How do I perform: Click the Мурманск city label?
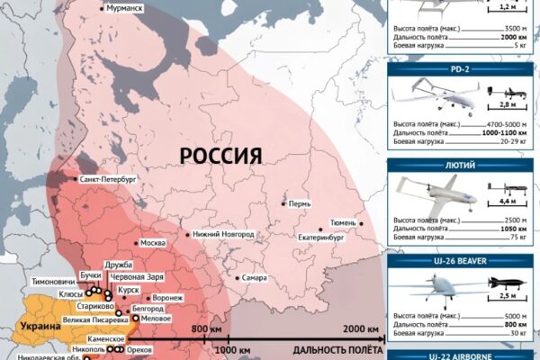pos(124,7)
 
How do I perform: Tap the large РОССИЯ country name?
pos(220,155)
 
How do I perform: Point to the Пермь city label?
pos(300,203)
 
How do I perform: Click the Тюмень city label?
pos(347,222)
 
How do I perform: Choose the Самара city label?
pos(253,277)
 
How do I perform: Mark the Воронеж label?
pos(168,297)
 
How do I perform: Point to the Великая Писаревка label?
pos(83,318)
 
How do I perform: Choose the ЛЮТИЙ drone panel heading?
pos(462,166)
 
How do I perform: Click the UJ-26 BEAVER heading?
pos(462,260)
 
